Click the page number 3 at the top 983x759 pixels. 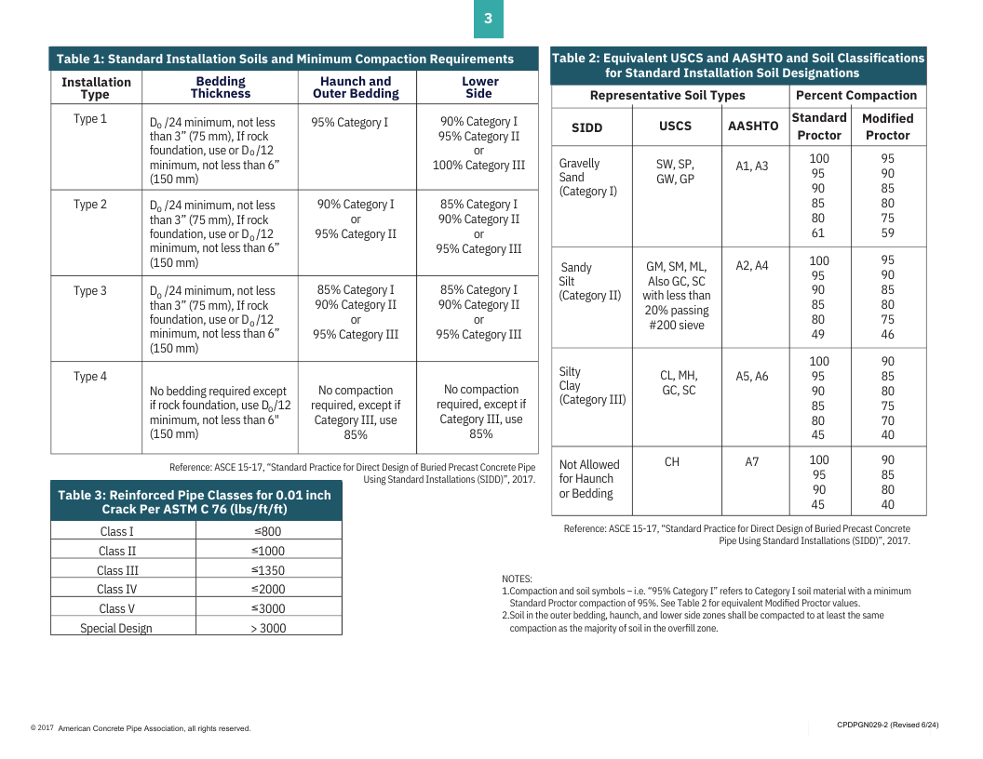[488, 19]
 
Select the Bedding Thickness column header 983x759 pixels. [221, 87]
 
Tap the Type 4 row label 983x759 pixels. [90, 377]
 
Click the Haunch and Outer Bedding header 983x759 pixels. [356, 87]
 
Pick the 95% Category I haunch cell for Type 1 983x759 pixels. [350, 123]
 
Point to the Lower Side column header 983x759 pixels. [479, 87]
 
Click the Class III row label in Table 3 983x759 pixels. [117, 570]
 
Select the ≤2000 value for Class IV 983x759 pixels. [268, 590]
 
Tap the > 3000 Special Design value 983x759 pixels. [268, 629]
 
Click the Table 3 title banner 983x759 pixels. [195, 502]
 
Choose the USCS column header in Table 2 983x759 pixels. [676, 126]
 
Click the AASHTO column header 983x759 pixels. [753, 126]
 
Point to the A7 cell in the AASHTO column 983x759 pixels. [752, 462]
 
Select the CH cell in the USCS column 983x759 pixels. [672, 462]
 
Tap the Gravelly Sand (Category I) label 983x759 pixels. [587, 178]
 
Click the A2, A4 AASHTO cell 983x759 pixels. [752, 266]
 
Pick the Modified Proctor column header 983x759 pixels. [887, 126]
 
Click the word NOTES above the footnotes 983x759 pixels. [517, 579]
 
